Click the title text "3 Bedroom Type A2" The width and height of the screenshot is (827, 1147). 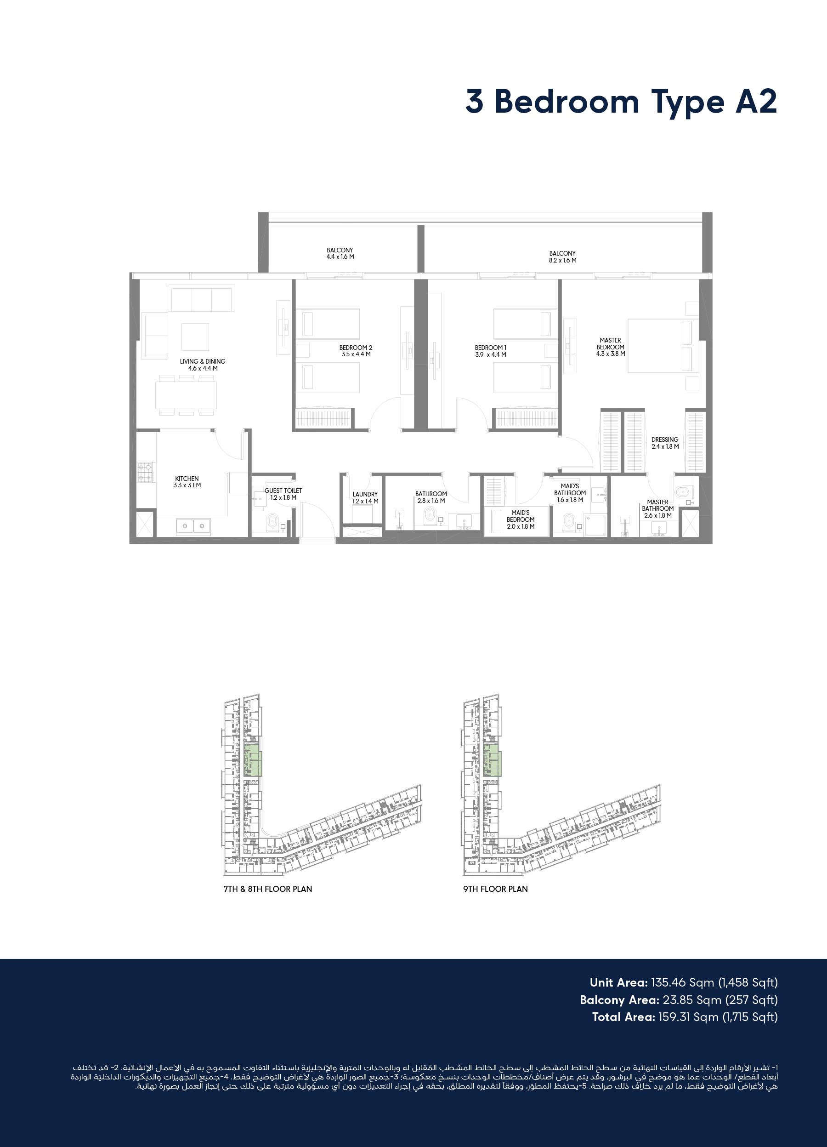[621, 102]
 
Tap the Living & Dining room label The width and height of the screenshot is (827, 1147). [203, 365]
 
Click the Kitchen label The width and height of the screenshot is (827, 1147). [187, 482]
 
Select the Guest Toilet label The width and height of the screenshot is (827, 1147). [283, 494]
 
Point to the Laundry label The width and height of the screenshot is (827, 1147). [365, 497]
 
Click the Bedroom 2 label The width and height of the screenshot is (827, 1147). [356, 351]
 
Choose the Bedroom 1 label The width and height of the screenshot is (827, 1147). [490, 351]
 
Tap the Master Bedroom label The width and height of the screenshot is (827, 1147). [611, 347]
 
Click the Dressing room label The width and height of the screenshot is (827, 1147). [665, 443]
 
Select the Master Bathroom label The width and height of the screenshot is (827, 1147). [657, 509]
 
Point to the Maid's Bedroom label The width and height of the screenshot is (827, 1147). [521, 519]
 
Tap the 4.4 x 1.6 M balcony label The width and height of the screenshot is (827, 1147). [340, 253]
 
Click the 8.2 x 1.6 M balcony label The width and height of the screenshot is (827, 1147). [563, 257]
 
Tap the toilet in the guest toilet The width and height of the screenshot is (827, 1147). [272, 521]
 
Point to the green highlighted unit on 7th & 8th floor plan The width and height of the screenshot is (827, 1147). [253, 759]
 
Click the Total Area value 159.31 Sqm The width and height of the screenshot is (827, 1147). [688, 1016]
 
